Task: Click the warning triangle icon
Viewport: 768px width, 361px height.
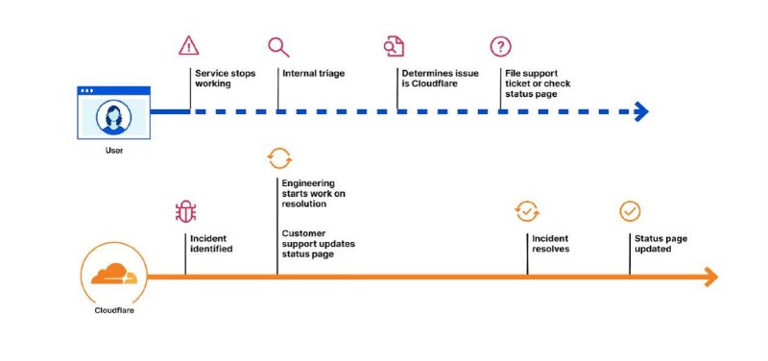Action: (x=188, y=46)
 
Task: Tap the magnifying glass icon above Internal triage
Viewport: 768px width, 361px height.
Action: (x=278, y=47)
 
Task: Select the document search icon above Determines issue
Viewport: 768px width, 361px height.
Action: (x=394, y=46)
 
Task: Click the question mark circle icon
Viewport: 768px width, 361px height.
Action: (x=500, y=46)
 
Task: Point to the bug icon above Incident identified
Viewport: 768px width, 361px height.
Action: (x=185, y=211)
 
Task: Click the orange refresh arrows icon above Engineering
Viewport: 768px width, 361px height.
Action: (x=279, y=158)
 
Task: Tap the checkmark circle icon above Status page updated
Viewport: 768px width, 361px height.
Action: (x=630, y=211)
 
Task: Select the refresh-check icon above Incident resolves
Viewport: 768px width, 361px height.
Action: (x=527, y=211)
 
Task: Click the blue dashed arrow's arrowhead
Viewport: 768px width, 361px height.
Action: (x=641, y=111)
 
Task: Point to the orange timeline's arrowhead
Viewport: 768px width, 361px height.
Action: (x=710, y=277)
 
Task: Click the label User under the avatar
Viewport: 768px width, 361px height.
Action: (x=114, y=151)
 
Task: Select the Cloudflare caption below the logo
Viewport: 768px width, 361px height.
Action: (x=114, y=310)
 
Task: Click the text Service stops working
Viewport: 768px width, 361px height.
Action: (x=226, y=79)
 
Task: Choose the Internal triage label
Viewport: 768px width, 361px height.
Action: (x=314, y=74)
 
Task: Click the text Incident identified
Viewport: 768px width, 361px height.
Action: (x=211, y=244)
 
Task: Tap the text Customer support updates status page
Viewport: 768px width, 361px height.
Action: (x=319, y=244)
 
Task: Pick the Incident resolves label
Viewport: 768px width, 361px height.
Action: (x=551, y=244)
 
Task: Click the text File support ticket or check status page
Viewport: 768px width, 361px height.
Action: (x=538, y=84)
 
